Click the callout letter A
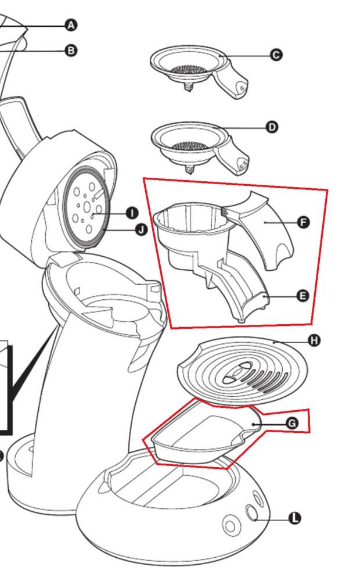click(71, 25)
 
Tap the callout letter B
click(71, 51)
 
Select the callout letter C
click(276, 55)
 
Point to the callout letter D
click(271, 127)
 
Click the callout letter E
click(302, 296)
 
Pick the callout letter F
click(303, 222)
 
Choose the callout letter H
click(314, 340)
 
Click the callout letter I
click(132, 213)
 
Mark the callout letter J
click(141, 231)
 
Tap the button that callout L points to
click(253, 512)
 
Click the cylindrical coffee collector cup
click(186, 232)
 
